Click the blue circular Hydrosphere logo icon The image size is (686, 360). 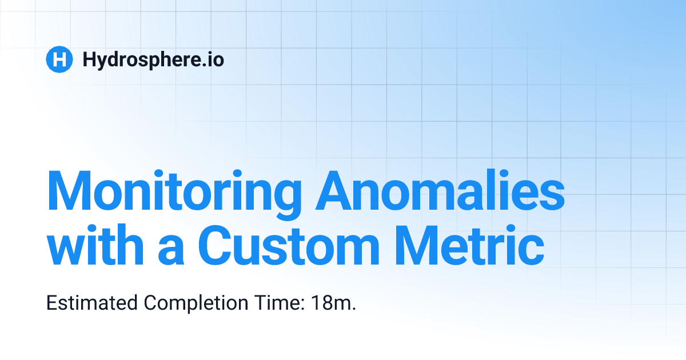59,59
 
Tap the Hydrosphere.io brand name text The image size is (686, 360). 153,59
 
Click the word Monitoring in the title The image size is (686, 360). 174,191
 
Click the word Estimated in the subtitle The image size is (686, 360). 92,303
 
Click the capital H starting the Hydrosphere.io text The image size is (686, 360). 89,59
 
